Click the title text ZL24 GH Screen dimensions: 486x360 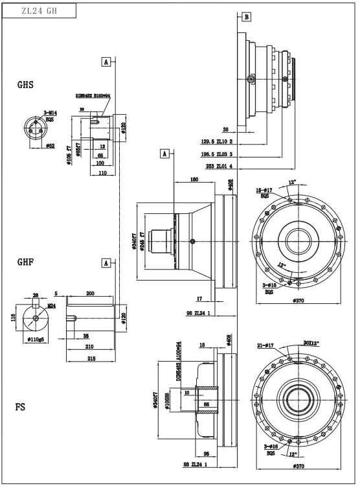(39, 10)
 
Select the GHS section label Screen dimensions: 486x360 (25, 84)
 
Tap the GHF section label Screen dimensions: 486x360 (25, 262)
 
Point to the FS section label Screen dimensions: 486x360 (21, 408)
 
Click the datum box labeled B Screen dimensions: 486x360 (245, 17)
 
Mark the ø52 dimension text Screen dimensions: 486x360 (50, 146)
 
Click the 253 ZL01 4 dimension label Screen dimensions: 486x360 (219, 167)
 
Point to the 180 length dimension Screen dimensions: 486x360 (194, 179)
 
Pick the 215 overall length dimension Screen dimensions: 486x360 (91, 358)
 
